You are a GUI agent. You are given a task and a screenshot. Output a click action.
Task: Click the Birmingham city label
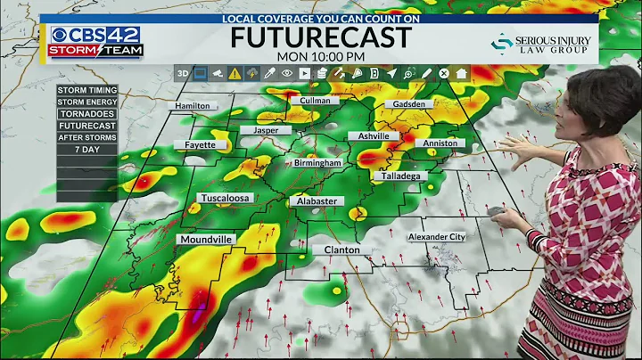(x=317, y=163)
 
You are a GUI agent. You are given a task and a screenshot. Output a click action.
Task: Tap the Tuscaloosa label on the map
(x=225, y=198)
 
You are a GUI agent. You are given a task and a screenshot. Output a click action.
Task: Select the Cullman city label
(x=315, y=101)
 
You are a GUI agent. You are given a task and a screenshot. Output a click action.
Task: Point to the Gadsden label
(x=409, y=104)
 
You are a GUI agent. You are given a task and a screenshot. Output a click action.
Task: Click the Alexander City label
(x=437, y=237)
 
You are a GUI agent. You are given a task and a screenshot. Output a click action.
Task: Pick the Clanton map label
(x=342, y=250)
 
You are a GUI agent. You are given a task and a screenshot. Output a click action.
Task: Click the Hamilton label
(x=193, y=105)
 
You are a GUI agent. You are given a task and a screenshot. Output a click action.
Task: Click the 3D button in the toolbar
(x=183, y=74)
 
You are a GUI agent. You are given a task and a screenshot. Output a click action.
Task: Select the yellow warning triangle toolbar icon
(x=235, y=74)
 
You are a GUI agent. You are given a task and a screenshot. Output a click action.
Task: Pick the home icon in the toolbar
(x=461, y=74)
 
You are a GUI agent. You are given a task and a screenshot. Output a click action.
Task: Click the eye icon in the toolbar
(x=287, y=74)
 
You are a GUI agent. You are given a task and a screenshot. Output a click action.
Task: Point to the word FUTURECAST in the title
(x=321, y=37)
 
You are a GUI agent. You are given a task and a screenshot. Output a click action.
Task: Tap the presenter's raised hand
(x=514, y=147)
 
